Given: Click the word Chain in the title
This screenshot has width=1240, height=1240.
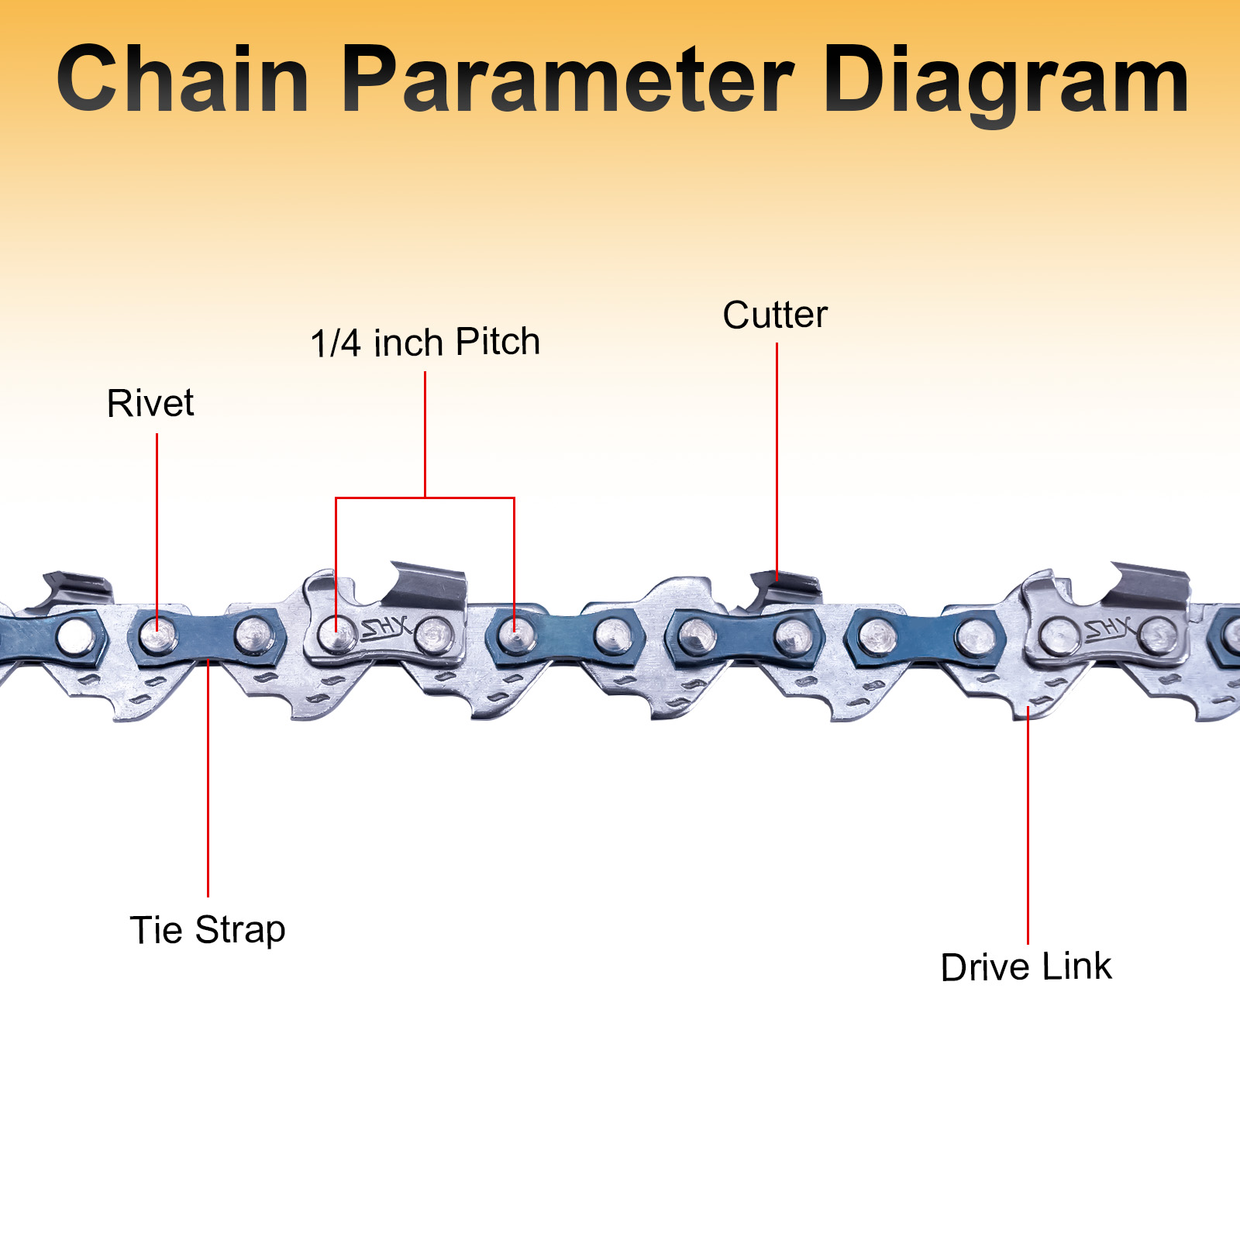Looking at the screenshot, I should [x=183, y=79].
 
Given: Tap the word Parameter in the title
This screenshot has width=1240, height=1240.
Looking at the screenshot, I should [x=567, y=79].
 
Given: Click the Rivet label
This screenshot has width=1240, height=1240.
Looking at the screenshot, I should [x=150, y=404].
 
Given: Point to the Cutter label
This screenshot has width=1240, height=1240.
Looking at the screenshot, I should [x=774, y=315].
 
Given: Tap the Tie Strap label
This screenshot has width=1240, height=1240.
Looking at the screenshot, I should [x=208, y=930].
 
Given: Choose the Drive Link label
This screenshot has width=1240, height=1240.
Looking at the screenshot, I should [x=1025, y=967].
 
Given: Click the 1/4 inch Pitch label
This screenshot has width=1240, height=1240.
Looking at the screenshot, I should [x=425, y=343].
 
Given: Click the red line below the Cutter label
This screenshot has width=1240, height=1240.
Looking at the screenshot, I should [x=777, y=457].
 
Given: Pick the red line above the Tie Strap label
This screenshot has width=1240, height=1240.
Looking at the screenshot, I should [x=208, y=775].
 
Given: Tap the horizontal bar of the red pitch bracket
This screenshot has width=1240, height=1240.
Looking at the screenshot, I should [x=425, y=498].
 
